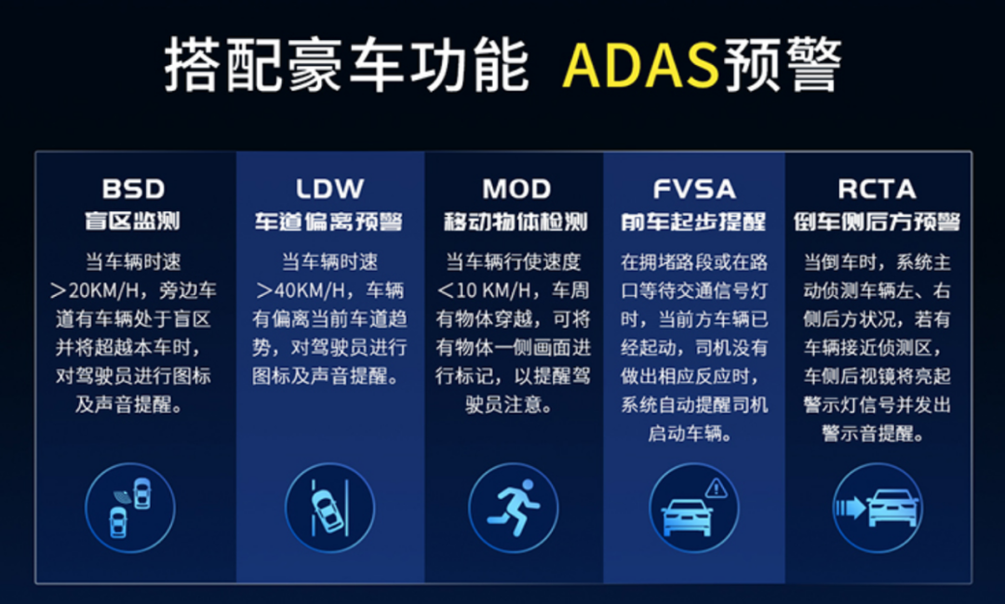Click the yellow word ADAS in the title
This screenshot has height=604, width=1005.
click(x=640, y=65)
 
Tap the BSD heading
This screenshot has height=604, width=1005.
click(x=133, y=189)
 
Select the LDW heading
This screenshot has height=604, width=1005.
click(x=329, y=189)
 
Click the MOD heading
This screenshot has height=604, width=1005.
click(x=516, y=189)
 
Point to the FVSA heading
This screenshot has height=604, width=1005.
click(x=694, y=189)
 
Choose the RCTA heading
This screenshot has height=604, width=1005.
click(x=877, y=189)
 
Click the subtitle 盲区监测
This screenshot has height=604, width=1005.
click(x=133, y=221)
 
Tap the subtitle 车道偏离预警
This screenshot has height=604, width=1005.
click(x=328, y=221)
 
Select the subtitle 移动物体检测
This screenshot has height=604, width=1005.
click(x=516, y=221)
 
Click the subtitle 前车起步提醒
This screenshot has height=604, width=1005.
click(x=693, y=221)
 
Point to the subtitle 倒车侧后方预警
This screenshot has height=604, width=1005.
click(x=877, y=221)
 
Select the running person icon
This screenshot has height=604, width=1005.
click(x=514, y=507)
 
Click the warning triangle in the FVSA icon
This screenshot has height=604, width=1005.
click(x=716, y=489)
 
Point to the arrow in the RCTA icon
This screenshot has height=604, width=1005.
click(x=851, y=508)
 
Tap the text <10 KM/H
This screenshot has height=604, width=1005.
click(x=485, y=290)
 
